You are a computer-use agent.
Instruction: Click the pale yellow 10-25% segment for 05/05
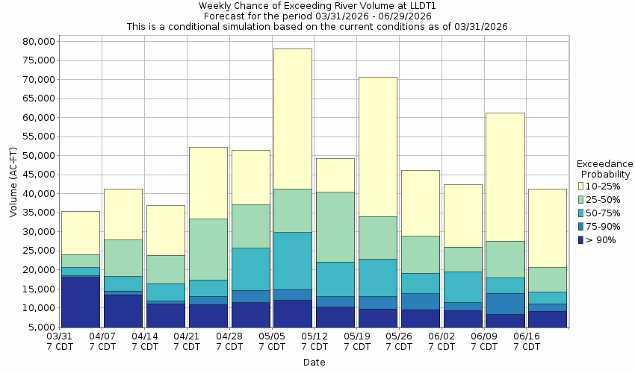click(292, 119)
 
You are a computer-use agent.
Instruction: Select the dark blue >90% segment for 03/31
click(80, 301)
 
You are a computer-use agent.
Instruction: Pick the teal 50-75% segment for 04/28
click(250, 269)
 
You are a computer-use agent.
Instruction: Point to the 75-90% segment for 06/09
click(505, 304)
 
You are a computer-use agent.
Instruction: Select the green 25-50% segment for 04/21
click(208, 249)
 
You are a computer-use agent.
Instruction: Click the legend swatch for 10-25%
click(582, 186)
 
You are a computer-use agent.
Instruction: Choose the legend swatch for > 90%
click(582, 239)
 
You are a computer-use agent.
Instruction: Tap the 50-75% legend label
click(606, 213)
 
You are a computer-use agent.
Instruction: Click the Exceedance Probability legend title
click(605, 169)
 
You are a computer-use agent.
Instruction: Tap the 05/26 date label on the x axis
click(400, 342)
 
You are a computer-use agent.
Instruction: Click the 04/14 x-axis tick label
click(145, 342)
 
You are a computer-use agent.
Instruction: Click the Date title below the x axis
click(314, 363)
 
